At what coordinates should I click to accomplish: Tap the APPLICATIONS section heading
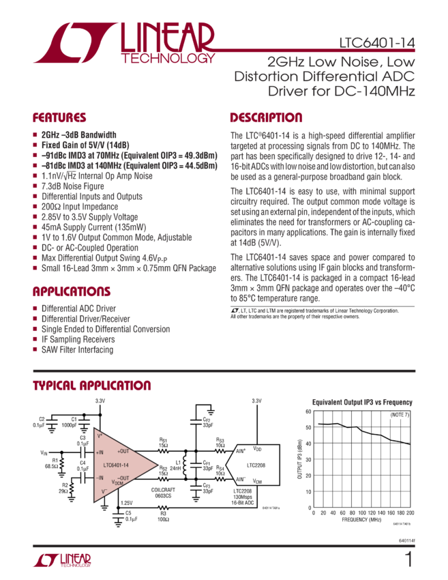coord(71,292)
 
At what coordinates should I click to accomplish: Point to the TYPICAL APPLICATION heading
coord(92,386)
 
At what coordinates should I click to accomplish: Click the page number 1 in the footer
coord(408,560)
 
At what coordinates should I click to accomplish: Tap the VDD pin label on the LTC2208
coord(257,449)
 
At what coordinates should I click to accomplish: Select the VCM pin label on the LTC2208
coord(257,481)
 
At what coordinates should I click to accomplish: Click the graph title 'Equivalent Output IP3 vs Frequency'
coord(361,403)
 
